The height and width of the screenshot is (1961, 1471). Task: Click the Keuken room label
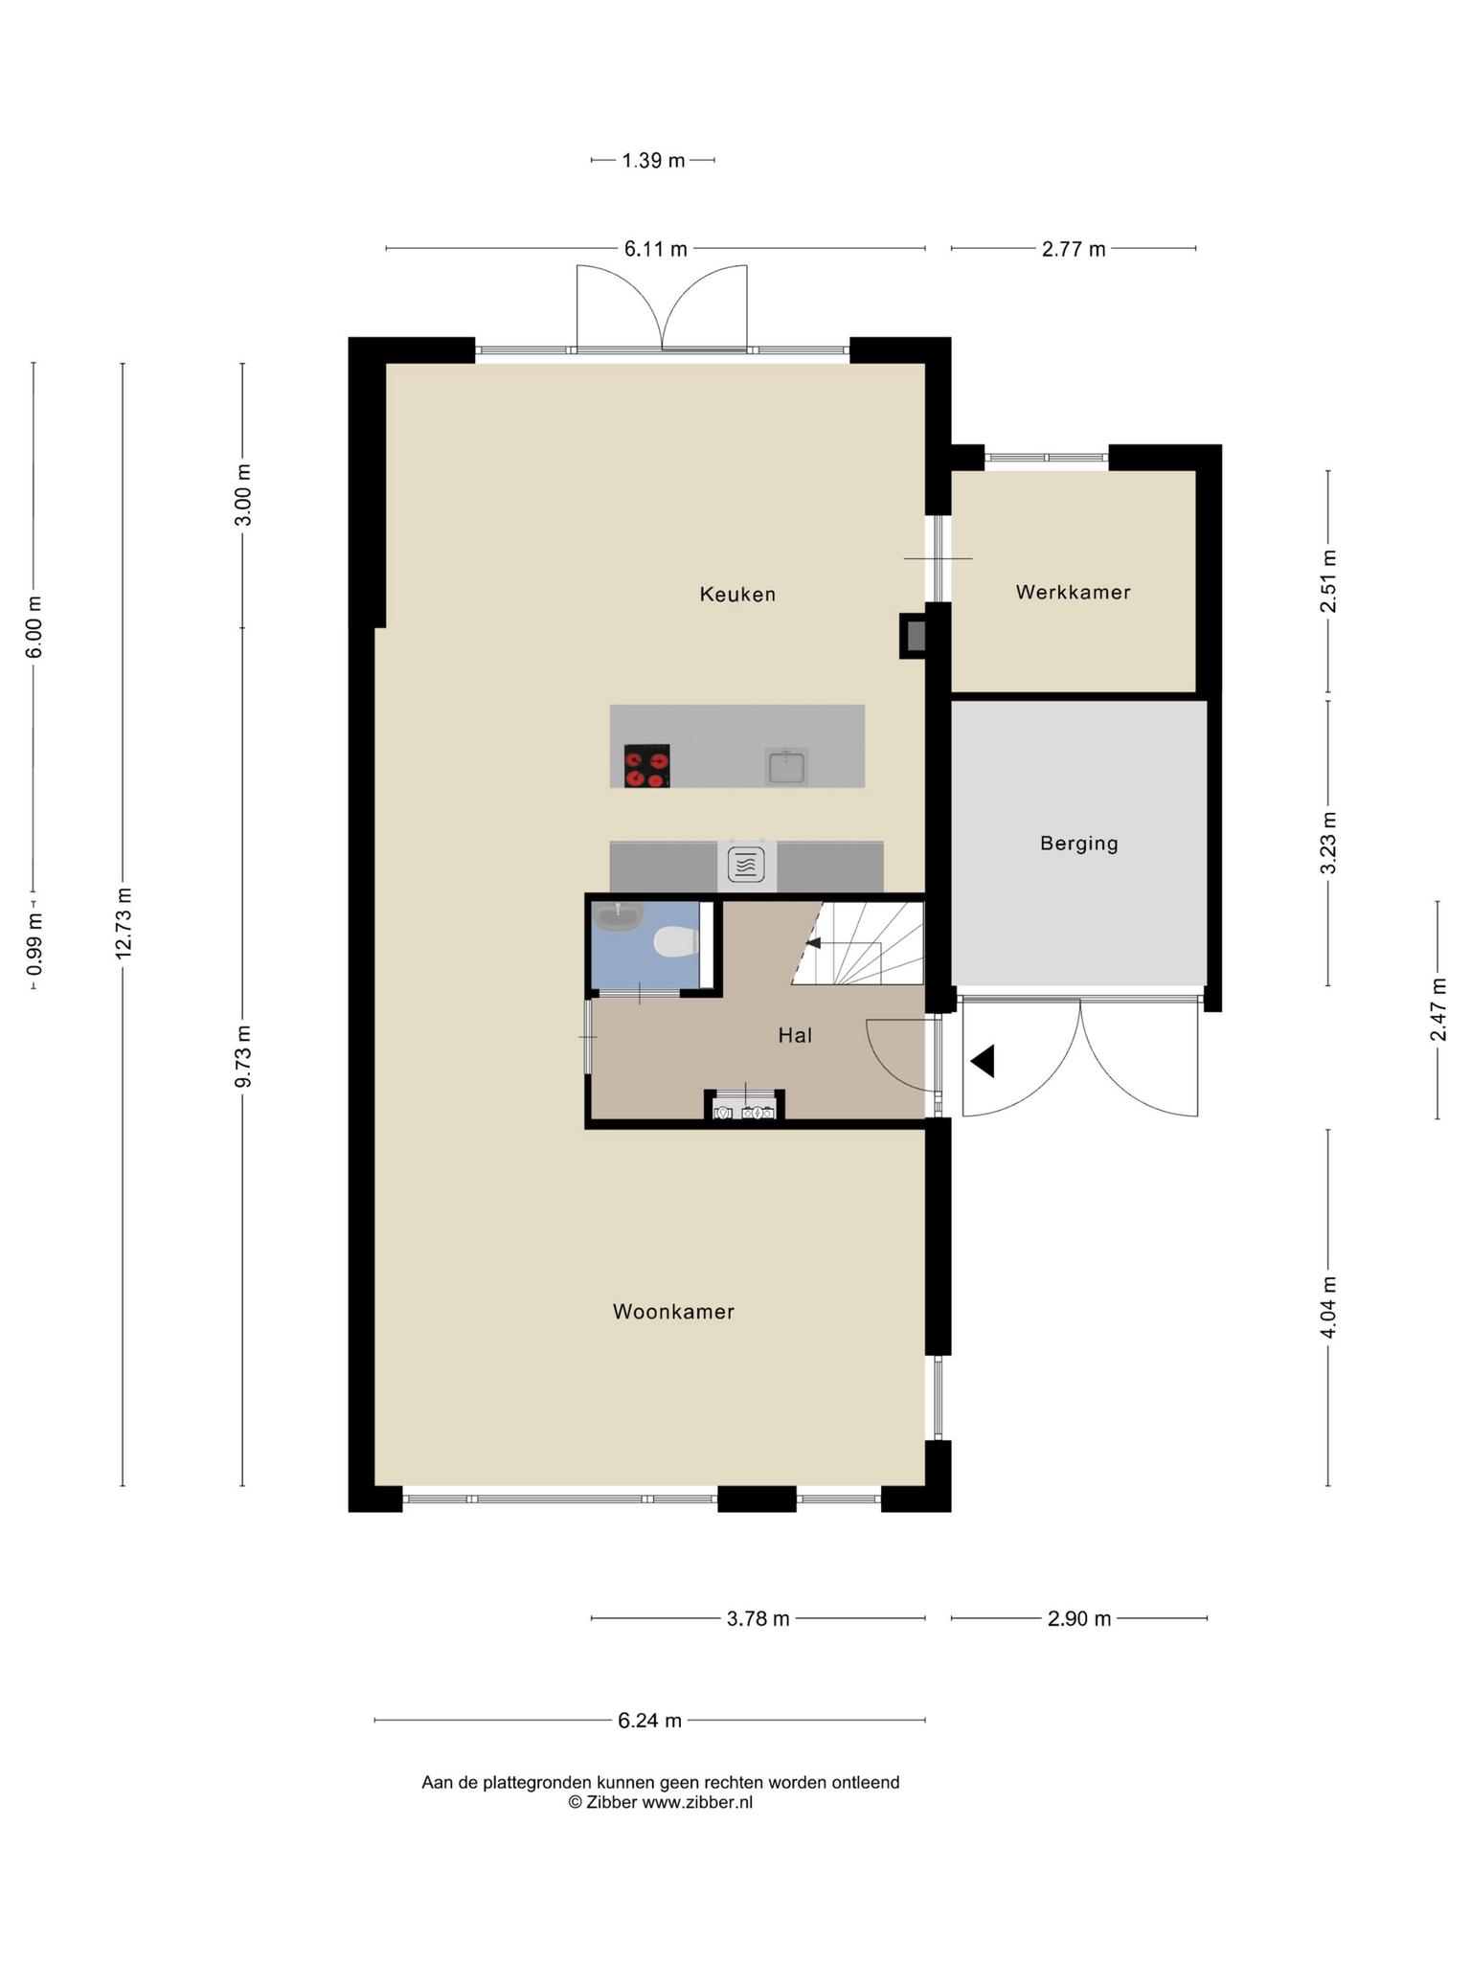[737, 595]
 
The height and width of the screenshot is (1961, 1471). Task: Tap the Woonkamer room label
[673, 1312]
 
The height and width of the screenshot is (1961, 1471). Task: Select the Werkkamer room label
[1074, 593]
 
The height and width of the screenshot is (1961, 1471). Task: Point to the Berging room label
[1079, 844]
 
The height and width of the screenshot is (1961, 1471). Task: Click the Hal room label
[795, 1035]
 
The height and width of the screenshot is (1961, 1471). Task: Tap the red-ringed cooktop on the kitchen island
[646, 766]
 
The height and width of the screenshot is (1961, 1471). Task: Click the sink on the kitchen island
[786, 767]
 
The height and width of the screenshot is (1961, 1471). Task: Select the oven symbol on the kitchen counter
[747, 865]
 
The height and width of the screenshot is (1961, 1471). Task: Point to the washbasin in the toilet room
[618, 916]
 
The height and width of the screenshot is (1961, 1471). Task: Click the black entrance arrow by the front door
[983, 1061]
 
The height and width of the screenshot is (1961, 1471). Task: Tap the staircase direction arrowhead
[813, 943]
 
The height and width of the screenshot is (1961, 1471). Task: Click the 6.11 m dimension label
[656, 249]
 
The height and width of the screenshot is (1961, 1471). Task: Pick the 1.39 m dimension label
[653, 160]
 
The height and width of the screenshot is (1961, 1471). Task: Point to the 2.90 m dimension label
[1079, 1618]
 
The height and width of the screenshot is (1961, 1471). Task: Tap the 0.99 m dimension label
[34, 943]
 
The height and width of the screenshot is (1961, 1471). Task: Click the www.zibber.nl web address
[697, 1802]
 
